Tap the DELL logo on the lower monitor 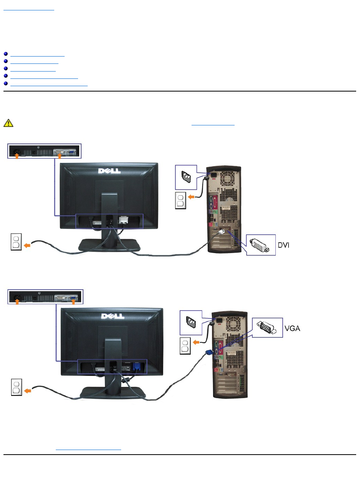click(112, 316)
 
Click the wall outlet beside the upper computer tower click(181, 200)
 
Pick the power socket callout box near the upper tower click(185, 176)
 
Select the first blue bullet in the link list click(5, 55)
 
